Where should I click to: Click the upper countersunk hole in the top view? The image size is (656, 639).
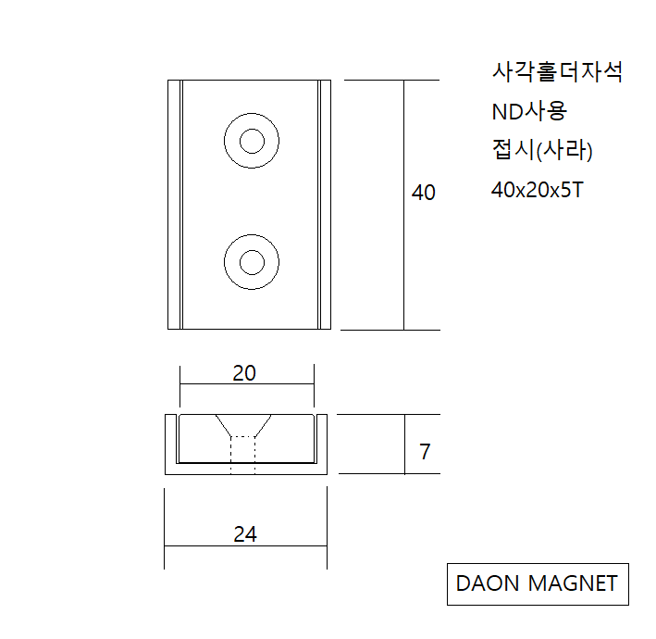point(252,142)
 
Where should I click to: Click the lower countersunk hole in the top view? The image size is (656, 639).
point(252,262)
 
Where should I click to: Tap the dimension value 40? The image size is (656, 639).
point(423,193)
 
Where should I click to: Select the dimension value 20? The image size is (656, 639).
point(244,373)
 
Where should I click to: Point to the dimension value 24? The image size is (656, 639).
point(245,534)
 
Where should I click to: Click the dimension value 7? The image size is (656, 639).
point(425,452)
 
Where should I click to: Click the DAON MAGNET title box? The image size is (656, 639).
point(538,583)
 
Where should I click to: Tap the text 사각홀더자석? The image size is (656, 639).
point(557,73)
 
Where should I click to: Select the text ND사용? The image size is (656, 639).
point(529,112)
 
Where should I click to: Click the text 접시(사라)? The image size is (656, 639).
point(542,150)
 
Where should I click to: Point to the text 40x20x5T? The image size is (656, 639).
point(537,189)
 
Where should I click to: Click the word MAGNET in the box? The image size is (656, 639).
point(572,583)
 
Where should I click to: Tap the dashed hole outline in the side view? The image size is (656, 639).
point(242,454)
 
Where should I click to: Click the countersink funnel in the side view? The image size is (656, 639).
point(242,425)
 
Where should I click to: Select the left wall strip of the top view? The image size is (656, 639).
point(174,205)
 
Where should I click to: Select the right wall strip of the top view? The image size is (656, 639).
point(324,205)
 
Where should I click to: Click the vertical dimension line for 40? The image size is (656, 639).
point(404,259)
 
